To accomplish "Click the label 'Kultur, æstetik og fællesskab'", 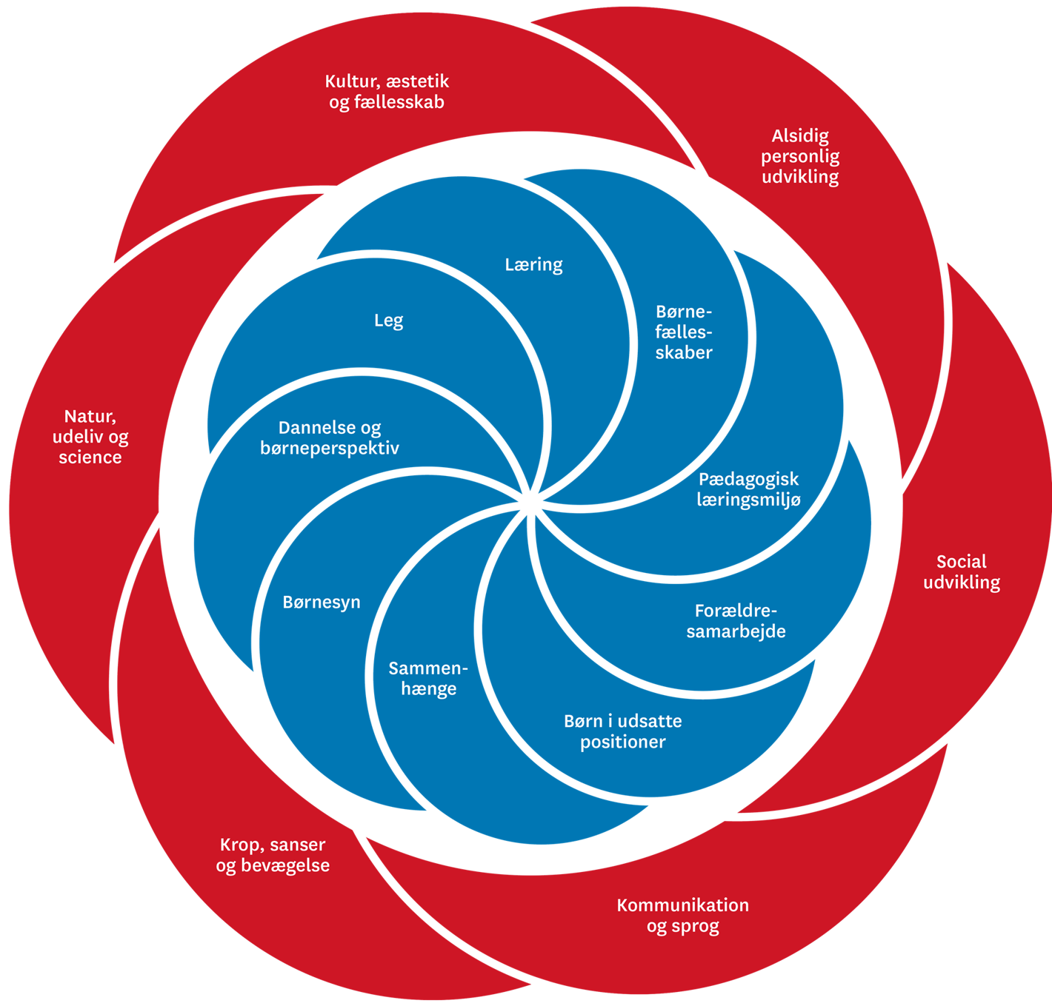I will pos(387,92).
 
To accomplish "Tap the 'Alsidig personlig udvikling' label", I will pos(800,156).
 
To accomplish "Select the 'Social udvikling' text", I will pos(962,572).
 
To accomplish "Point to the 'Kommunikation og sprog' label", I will pos(682,916).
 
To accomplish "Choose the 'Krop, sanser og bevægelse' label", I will pos(273,855).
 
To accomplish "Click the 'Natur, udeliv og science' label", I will pos(90,437).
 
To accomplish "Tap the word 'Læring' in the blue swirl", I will pos(533,265).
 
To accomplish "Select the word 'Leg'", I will pos(388,321).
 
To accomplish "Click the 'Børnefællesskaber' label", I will pos(683,332).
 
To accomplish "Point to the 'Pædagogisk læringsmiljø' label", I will pos(748,489).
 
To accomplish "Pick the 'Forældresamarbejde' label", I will pos(736,621).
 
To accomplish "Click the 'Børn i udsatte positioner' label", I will pos(622,731).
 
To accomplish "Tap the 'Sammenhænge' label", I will pos(428,679).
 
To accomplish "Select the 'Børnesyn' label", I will pos(322,603).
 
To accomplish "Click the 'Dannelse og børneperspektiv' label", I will pos(330,438).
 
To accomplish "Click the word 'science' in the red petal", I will pos(90,457).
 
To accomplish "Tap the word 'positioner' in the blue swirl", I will pos(622,742).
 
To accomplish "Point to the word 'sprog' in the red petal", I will pos(693,927).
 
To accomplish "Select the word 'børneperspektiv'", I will pos(330,449).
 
